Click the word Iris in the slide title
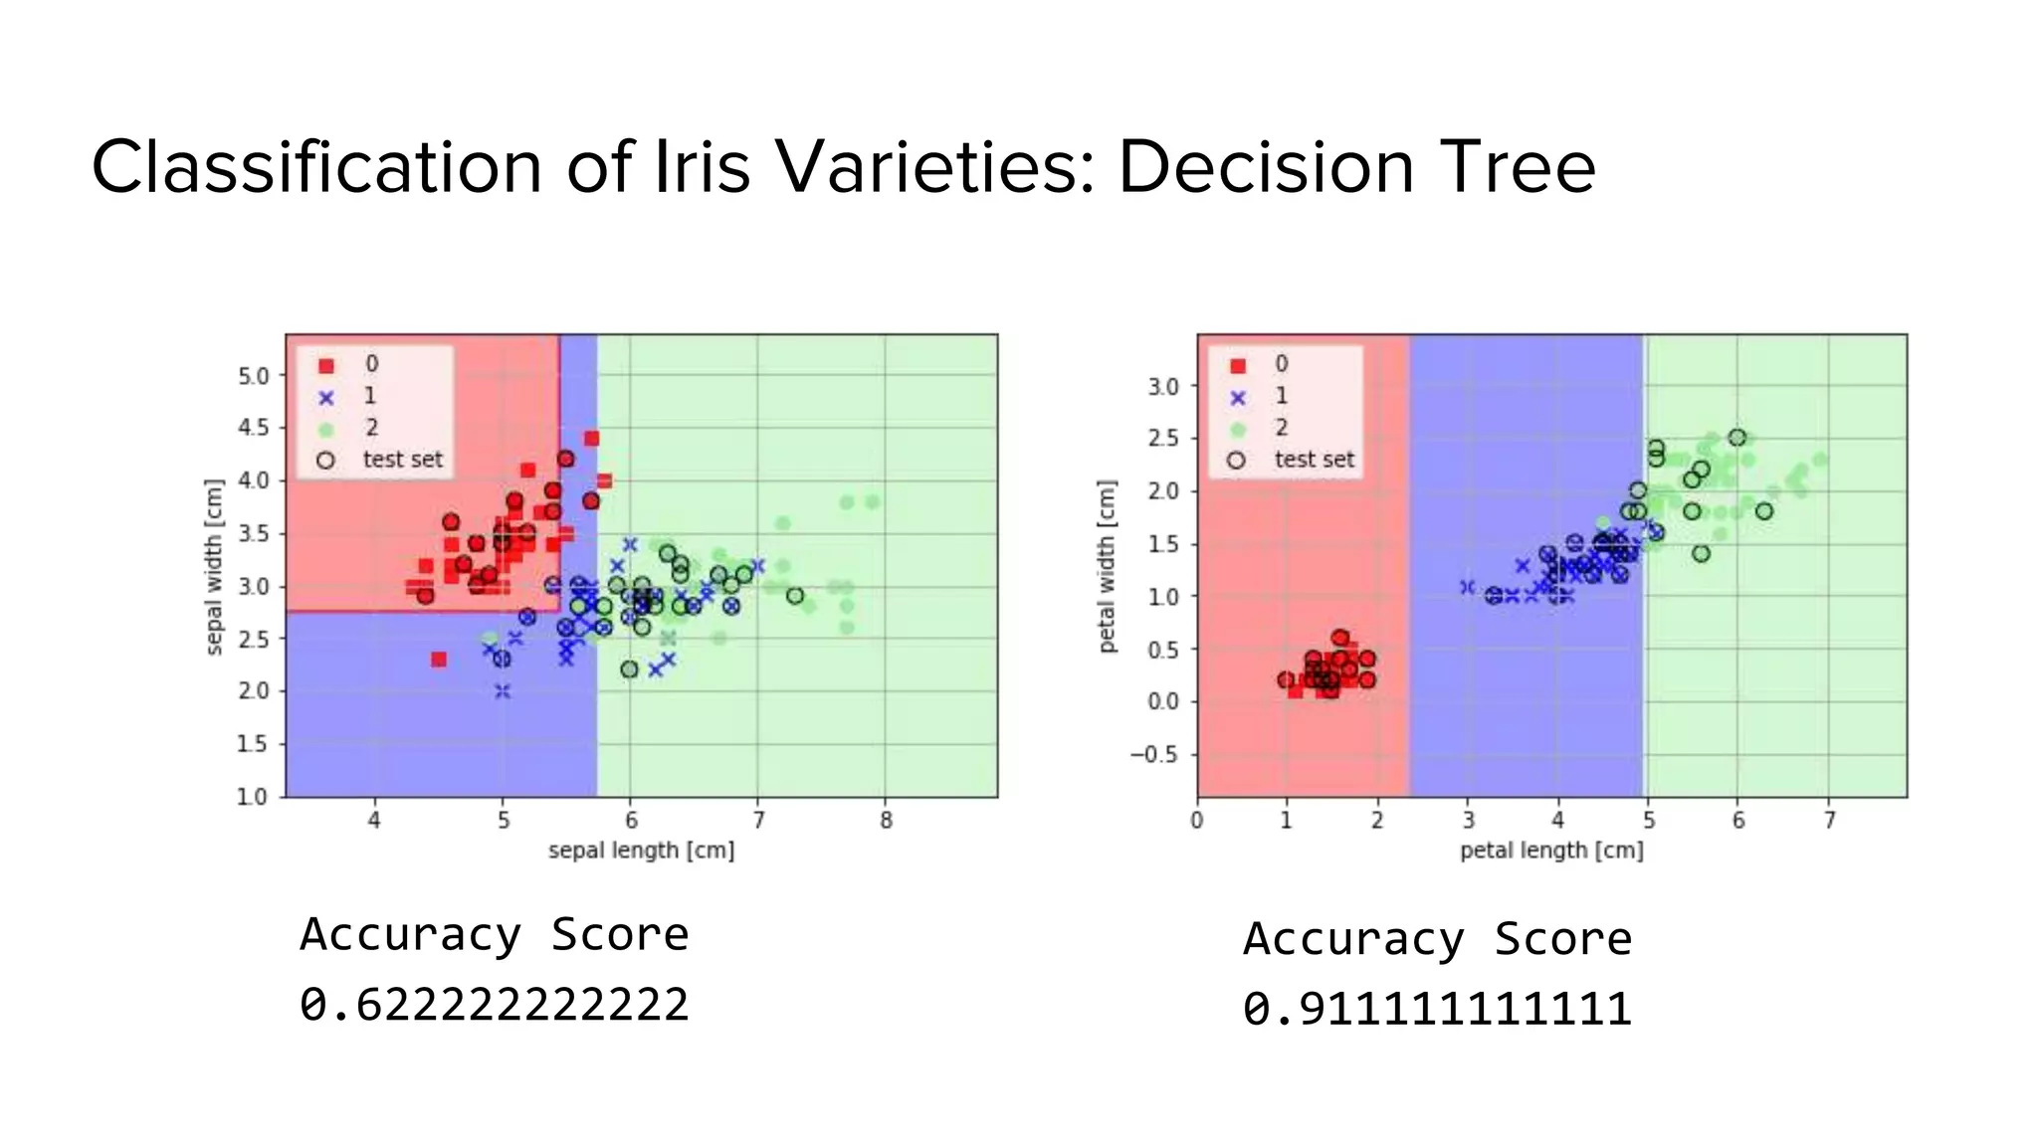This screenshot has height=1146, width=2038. [702, 167]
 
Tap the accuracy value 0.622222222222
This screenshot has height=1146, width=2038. [494, 1004]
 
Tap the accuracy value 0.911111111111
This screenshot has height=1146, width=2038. [1437, 1009]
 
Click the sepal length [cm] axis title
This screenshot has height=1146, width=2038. [641, 851]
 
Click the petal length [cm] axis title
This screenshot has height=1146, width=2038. [1551, 851]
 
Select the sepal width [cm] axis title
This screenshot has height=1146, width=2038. [213, 567]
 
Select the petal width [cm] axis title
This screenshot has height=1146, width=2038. [1107, 567]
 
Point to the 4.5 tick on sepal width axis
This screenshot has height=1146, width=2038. [253, 428]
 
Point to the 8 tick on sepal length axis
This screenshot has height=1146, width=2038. [886, 821]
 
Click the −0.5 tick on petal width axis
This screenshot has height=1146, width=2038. [1152, 754]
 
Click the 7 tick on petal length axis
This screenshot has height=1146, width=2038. [1829, 821]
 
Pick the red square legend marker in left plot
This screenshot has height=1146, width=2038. [325, 365]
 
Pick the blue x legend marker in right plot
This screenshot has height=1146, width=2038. [1237, 397]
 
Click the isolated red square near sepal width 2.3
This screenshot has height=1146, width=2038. [439, 659]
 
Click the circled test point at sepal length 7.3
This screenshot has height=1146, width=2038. [795, 596]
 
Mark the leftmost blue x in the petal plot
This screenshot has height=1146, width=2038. [1467, 587]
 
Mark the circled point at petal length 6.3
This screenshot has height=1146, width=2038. [1764, 511]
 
